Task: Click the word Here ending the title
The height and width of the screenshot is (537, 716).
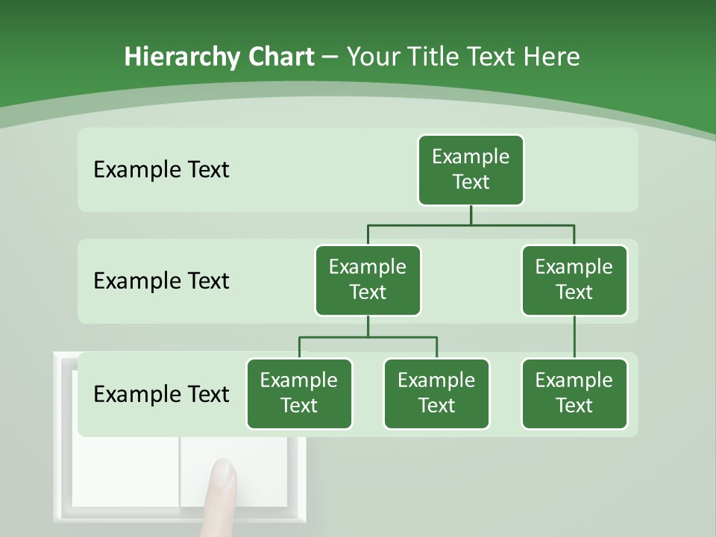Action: point(552,57)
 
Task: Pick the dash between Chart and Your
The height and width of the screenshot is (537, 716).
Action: point(330,57)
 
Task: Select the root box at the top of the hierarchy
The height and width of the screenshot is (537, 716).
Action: point(471,169)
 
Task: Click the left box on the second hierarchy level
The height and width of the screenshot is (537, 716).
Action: point(368,280)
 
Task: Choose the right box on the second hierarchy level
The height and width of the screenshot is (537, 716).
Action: point(574,280)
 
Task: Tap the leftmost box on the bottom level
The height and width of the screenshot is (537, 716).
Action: point(299,393)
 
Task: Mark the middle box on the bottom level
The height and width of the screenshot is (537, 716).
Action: point(436,393)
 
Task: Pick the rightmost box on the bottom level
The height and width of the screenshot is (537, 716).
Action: point(574,393)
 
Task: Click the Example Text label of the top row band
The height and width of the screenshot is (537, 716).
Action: point(161,170)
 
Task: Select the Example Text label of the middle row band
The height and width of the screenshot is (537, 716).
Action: point(161,281)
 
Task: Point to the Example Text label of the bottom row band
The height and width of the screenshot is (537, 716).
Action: point(161,394)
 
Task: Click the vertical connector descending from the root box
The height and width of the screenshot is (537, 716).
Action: point(471,215)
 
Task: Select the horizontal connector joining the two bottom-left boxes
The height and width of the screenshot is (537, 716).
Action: point(368,337)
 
